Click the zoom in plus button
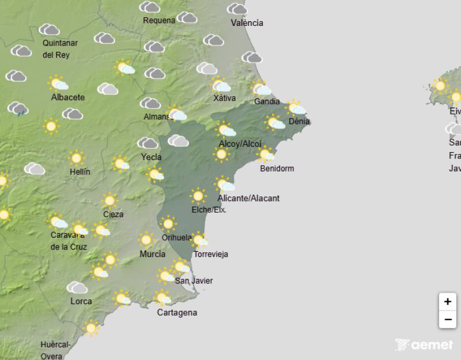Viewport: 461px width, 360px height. click(447, 301)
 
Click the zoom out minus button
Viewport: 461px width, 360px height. click(447, 319)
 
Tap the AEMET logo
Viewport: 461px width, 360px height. click(424, 344)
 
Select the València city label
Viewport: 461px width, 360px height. click(247, 23)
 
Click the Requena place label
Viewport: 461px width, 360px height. click(159, 21)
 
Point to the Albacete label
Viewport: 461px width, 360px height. click(67, 97)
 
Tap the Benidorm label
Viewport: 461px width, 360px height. click(277, 169)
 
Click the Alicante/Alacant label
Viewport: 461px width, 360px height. click(248, 198)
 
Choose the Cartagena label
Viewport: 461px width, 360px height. click(177, 313)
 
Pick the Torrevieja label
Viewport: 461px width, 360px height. click(211, 254)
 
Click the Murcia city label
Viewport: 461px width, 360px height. click(152, 254)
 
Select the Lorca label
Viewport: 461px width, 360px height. click(81, 301)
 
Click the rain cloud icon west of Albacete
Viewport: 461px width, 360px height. click(18, 108)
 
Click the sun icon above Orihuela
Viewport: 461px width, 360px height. click(168, 223)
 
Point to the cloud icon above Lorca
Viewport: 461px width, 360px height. click(77, 287)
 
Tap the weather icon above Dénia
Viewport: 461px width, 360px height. click(296, 108)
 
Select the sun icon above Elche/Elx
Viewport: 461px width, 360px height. click(198, 196)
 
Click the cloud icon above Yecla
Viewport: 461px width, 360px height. click(148, 143)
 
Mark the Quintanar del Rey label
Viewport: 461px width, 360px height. click(60, 48)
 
